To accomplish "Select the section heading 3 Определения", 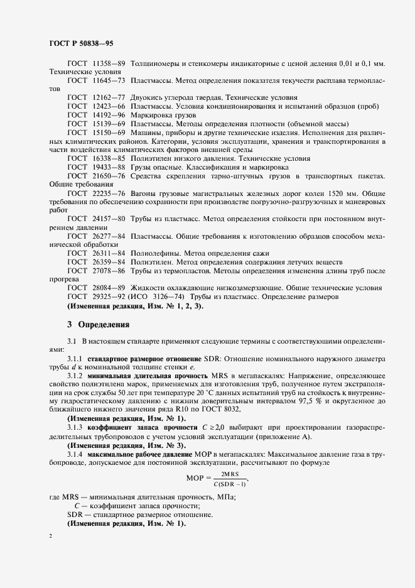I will click(98, 325).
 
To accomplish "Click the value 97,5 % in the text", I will click(328, 401).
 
